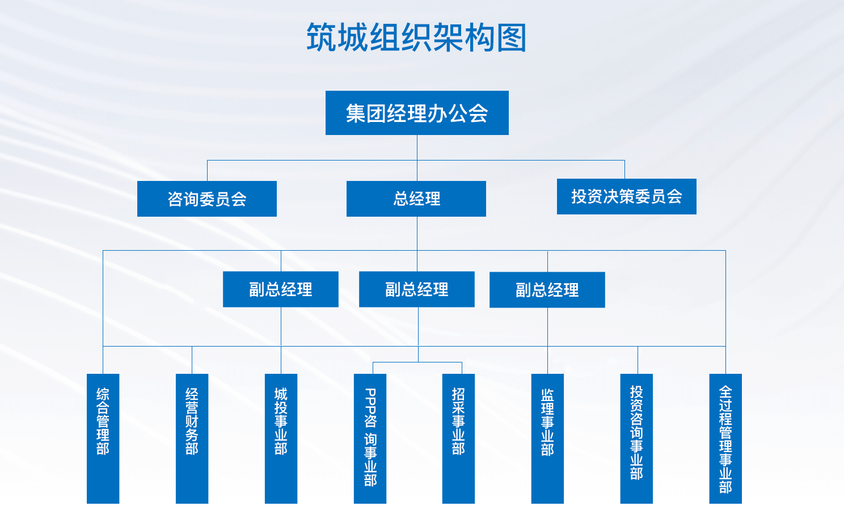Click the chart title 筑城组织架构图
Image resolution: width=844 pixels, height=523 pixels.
point(417,37)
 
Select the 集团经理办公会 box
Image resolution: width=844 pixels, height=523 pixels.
point(417,113)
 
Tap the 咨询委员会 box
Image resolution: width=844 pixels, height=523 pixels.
point(207,199)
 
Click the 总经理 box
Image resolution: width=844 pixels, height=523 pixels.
point(416,199)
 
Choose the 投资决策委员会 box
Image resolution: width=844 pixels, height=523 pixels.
point(626,196)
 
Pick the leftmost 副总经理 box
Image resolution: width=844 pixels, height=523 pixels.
point(281,289)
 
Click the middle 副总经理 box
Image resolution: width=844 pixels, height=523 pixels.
point(417,289)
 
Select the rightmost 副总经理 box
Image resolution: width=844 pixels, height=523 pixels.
point(547,290)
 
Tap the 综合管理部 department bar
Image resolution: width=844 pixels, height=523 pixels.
point(103,438)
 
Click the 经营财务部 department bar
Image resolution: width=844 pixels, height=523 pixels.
point(192,438)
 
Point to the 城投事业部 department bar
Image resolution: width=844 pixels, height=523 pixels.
point(281,438)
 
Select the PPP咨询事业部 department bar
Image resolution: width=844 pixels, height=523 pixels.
point(370,438)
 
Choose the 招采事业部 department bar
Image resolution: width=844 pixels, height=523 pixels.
point(458,438)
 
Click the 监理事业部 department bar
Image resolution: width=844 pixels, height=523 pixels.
point(547,438)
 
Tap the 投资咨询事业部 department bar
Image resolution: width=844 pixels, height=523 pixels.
point(636,438)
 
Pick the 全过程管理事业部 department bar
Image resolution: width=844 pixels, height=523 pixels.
point(725,438)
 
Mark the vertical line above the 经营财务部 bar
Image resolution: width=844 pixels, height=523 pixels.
point(192,360)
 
